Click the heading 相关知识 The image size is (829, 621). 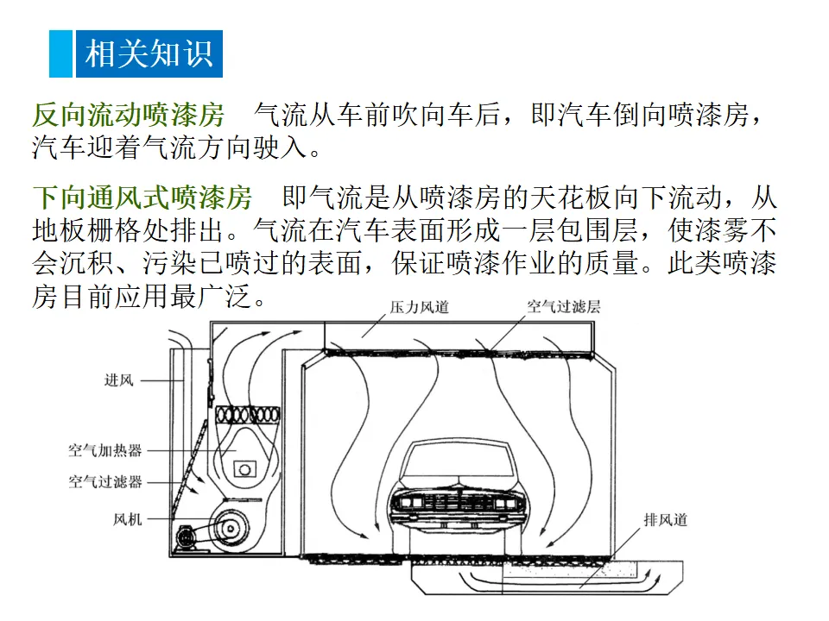point(149,53)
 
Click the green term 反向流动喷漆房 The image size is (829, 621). point(128,115)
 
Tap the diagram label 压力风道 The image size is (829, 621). point(419,307)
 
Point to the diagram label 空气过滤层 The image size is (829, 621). point(564,307)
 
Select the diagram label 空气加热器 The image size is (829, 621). point(104,450)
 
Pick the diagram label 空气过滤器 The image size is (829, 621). point(104,482)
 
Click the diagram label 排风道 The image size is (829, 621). point(665,520)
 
